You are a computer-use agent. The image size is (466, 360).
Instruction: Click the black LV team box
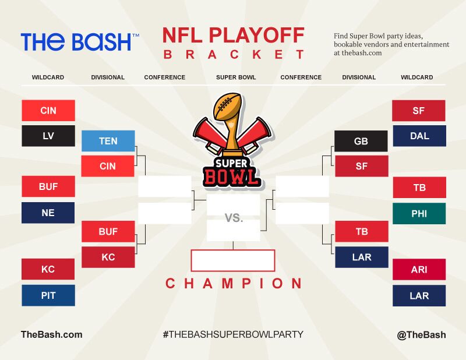(48, 136)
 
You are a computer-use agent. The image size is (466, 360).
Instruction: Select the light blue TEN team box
(108, 141)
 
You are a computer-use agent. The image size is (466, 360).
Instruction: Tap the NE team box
(48, 213)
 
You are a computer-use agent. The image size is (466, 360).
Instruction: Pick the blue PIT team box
(48, 295)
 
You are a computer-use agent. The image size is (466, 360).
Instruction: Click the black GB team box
(361, 141)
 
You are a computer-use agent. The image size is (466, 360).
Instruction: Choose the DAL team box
(419, 136)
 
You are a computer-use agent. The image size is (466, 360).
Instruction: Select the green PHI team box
(419, 213)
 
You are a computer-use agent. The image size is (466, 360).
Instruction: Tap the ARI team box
(419, 269)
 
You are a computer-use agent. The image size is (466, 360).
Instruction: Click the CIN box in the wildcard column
(48, 111)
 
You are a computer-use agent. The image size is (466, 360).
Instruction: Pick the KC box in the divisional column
(108, 257)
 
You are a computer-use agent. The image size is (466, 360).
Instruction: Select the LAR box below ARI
(419, 296)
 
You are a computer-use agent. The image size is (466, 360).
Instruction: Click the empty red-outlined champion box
(233, 261)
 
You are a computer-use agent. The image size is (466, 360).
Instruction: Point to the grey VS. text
(234, 218)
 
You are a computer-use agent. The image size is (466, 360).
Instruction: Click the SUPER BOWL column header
(236, 77)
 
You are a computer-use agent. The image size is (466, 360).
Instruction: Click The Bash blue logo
(80, 41)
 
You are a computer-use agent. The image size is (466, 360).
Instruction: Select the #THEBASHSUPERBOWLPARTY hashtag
(233, 334)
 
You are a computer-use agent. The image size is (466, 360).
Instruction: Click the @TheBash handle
(421, 335)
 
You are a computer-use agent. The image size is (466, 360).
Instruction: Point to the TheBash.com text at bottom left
(52, 334)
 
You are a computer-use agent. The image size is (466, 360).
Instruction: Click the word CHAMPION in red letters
(234, 283)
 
